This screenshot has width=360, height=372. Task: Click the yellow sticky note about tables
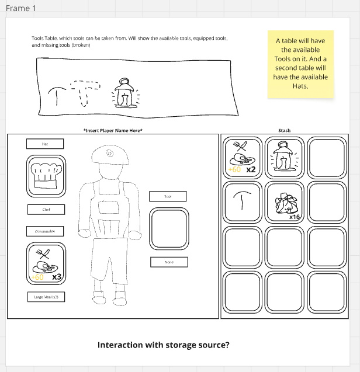301,64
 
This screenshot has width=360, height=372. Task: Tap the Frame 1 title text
20,9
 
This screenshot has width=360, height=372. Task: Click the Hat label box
45,144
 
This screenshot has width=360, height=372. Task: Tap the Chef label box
46,209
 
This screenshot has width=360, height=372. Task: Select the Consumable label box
45,231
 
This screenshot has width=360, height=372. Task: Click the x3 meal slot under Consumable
46,264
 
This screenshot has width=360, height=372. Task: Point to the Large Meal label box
46,297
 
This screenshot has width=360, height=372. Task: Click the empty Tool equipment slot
169,229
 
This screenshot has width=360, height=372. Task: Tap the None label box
169,262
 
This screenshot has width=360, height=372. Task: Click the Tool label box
168,196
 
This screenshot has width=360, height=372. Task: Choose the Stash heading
285,130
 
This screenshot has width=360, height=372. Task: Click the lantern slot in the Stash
284,157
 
